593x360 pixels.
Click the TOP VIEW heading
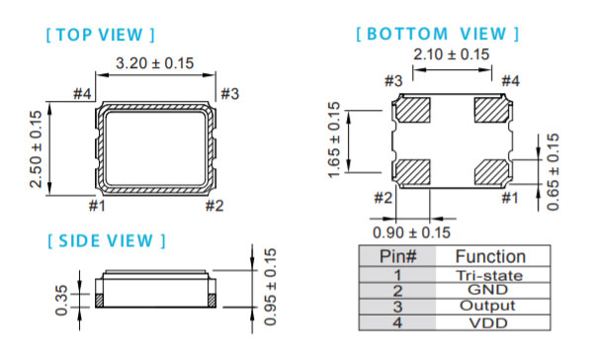pos(100,35)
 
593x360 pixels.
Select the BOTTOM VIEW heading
pos(438,34)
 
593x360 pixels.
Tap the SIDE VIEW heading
pos(107,240)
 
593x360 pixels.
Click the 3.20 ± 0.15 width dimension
pos(155,63)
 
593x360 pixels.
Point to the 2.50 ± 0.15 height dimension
pos(36,149)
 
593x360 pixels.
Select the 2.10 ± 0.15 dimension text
pos(452,54)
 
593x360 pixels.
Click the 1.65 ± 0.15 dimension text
pos(334,140)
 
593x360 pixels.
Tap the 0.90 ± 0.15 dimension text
pos(411,232)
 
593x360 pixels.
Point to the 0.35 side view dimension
pos(61,301)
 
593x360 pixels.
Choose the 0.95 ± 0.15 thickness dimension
pos(270,287)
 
